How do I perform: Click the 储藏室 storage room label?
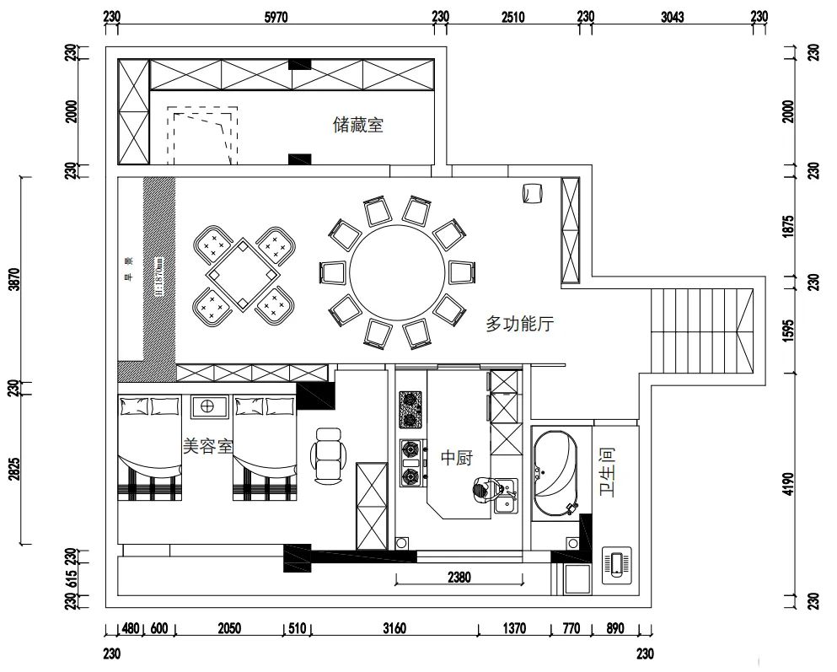[x=358, y=126]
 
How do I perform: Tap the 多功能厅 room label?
[x=519, y=323]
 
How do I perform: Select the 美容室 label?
[x=207, y=446]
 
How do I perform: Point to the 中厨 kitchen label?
[x=456, y=459]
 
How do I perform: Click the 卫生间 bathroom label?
[x=607, y=471]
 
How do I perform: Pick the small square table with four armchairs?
[x=243, y=276]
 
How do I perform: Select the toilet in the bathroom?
[x=618, y=564]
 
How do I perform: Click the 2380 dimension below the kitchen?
[x=459, y=578]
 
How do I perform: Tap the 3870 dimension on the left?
[x=13, y=279]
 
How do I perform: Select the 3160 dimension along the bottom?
[x=394, y=628]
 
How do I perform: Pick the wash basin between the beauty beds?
[x=207, y=406]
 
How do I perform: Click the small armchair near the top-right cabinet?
[x=531, y=193]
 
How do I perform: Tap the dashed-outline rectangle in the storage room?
[x=200, y=135]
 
